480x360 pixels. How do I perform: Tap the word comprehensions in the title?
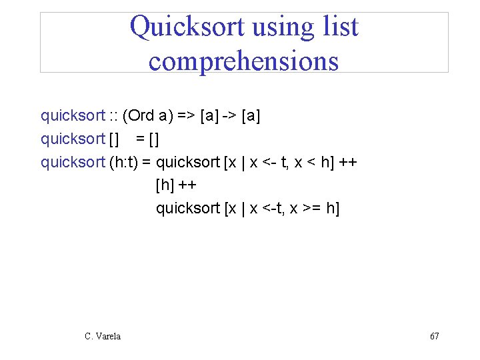click(243, 61)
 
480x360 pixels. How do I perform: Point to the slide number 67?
click(434, 337)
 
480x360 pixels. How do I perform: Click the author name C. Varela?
click(103, 337)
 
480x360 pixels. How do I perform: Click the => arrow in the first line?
click(187, 115)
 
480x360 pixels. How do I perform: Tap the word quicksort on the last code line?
click(188, 208)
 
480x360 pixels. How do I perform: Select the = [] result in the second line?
click(147, 139)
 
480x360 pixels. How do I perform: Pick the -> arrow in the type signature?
click(229, 115)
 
